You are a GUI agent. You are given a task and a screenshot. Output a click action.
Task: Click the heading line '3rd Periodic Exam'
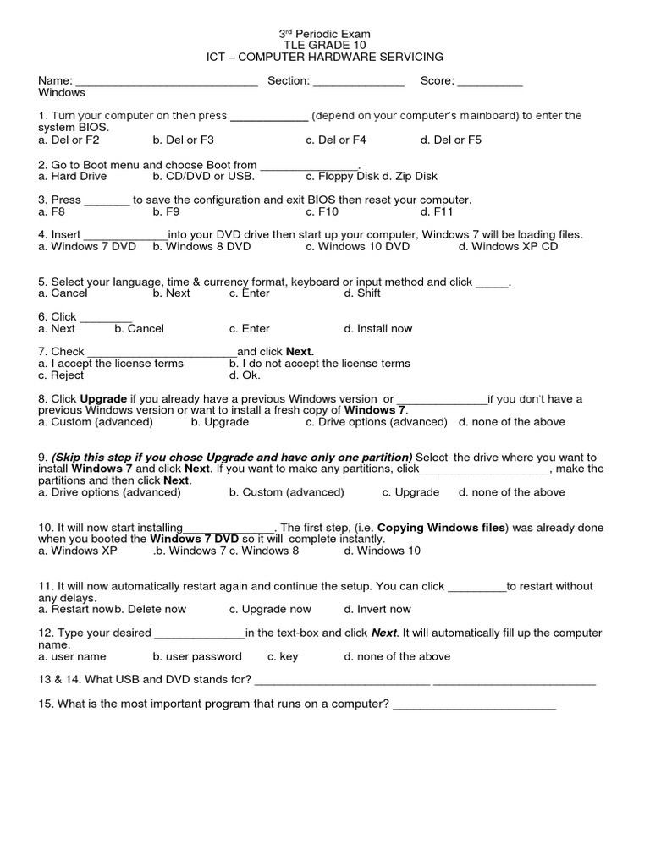tap(325, 34)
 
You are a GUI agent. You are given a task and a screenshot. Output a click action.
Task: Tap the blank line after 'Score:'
tap(491, 83)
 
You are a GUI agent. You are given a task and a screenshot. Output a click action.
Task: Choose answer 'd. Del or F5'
tap(450, 140)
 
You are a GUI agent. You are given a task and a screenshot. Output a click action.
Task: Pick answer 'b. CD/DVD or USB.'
tap(203, 176)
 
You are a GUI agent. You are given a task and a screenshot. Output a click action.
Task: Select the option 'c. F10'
tap(322, 211)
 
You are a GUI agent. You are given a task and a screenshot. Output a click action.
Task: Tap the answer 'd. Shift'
tap(362, 293)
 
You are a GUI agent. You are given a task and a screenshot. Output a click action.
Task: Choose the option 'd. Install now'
tap(378, 329)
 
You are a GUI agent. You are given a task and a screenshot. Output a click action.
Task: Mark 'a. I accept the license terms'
tap(111, 364)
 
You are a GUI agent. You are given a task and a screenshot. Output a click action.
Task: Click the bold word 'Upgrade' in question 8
tap(103, 398)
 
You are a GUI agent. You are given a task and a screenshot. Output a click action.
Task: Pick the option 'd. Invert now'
tap(377, 609)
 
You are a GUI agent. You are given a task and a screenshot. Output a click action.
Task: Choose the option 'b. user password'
tap(197, 656)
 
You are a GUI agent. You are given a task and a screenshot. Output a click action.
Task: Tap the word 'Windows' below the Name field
tap(62, 92)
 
